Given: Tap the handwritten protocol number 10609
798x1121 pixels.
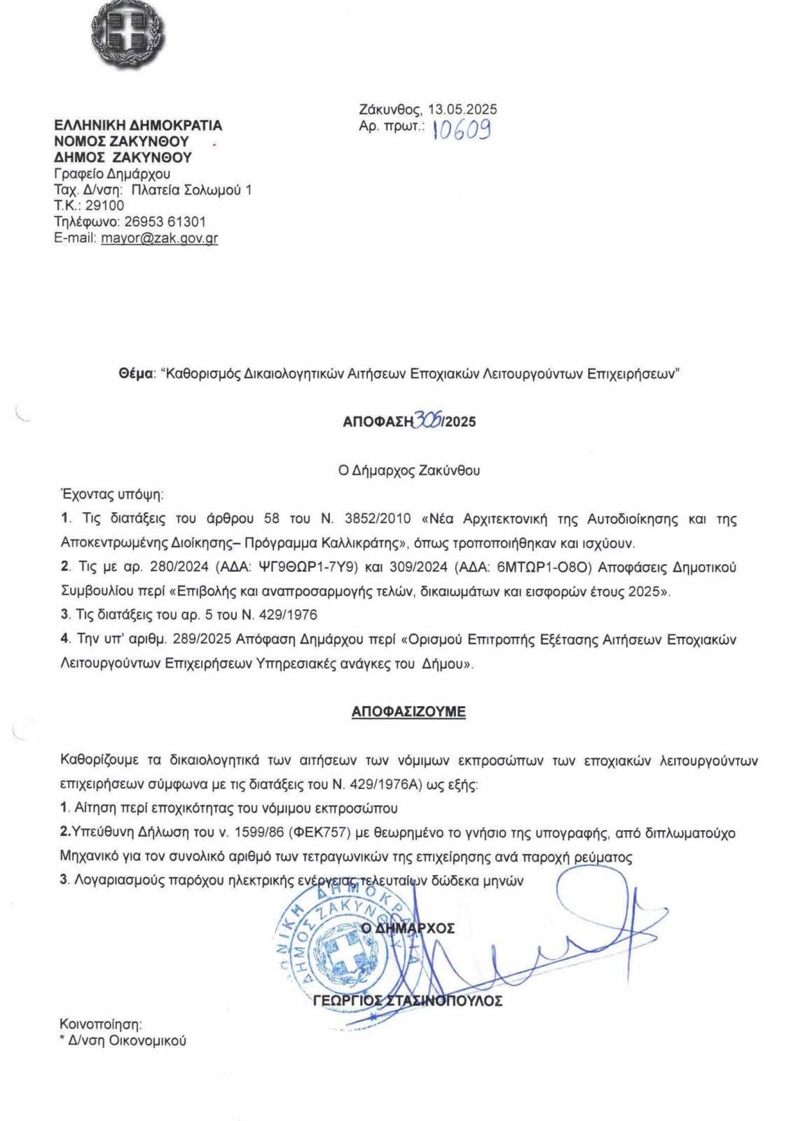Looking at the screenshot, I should pos(462,129).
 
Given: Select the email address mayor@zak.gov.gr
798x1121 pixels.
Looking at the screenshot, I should pos(159,238).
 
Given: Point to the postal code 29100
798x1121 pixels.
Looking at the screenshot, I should pos(104,206).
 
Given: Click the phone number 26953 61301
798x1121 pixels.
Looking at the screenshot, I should pos(165,222).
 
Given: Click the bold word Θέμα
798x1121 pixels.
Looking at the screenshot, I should pos(136,374).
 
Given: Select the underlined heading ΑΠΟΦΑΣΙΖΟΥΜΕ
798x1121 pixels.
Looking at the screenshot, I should pos(408,712).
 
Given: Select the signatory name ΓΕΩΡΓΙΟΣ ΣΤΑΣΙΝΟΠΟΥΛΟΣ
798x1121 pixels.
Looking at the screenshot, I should pos(408,1001).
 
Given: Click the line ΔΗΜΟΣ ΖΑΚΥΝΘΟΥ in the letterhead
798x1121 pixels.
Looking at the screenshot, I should pos(123,158).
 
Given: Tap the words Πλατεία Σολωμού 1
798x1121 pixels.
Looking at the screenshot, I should pos(192,190).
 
